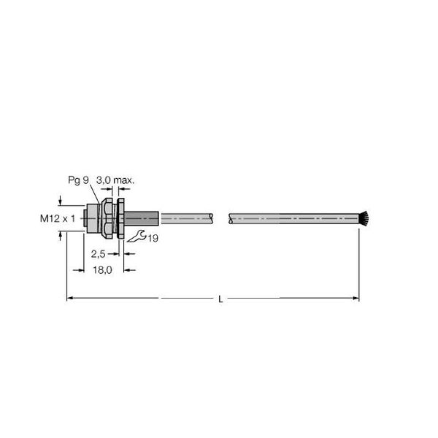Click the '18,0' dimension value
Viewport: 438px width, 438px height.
click(x=101, y=270)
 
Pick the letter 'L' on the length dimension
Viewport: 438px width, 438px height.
click(x=220, y=299)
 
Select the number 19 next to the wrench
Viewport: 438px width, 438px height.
click(x=152, y=239)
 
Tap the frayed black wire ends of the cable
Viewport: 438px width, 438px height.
click(x=363, y=218)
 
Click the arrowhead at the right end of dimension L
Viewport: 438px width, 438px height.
click(x=356, y=298)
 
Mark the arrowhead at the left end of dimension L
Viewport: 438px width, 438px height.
click(x=70, y=298)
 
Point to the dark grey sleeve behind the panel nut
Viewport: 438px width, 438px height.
click(x=144, y=218)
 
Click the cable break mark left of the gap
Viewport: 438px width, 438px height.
click(x=212, y=218)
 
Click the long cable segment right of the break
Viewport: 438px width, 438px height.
click(x=292, y=218)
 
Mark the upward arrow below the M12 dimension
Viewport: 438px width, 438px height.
click(x=61, y=236)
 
